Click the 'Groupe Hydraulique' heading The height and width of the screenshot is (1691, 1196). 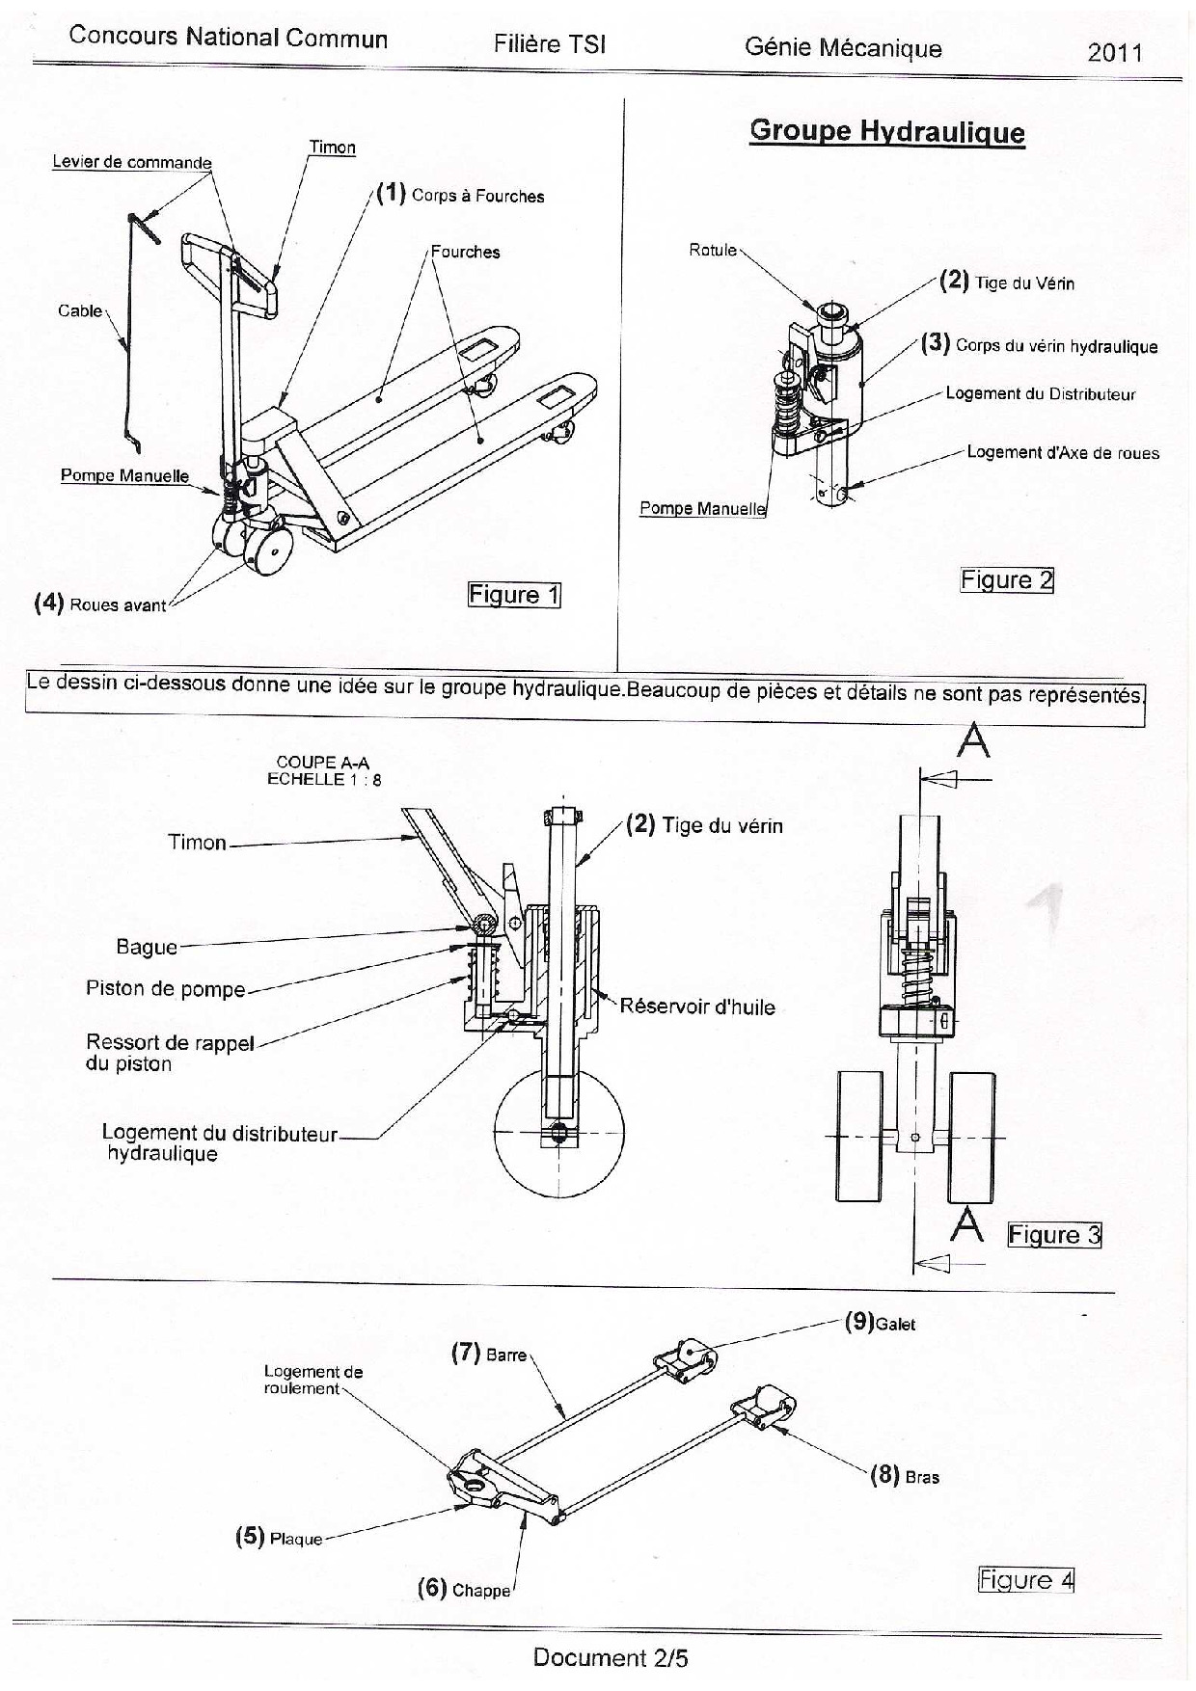point(886,132)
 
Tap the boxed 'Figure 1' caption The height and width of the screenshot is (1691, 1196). point(514,595)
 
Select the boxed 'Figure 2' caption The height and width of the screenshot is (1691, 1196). point(1007,580)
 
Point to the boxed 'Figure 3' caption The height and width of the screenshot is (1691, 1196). point(1054,1235)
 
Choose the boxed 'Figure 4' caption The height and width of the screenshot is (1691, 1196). point(1026,1580)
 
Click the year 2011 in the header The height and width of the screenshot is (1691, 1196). point(1115,52)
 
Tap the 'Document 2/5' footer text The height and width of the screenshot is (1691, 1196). point(611,1658)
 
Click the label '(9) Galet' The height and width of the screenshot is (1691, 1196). point(880,1323)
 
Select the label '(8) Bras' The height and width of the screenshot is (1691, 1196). point(905,1475)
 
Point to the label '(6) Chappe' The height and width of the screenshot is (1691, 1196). point(464,1589)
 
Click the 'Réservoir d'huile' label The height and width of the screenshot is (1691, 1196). point(697,1007)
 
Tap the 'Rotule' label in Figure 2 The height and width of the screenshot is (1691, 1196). point(713,251)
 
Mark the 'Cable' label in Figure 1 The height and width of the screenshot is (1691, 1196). point(80,310)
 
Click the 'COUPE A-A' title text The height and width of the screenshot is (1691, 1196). point(323,763)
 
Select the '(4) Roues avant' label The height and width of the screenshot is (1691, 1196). point(100,604)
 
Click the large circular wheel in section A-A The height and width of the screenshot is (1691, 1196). point(559,1167)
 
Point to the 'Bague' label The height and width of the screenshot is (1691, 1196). point(147,947)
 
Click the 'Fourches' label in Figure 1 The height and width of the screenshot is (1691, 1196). point(465,252)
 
